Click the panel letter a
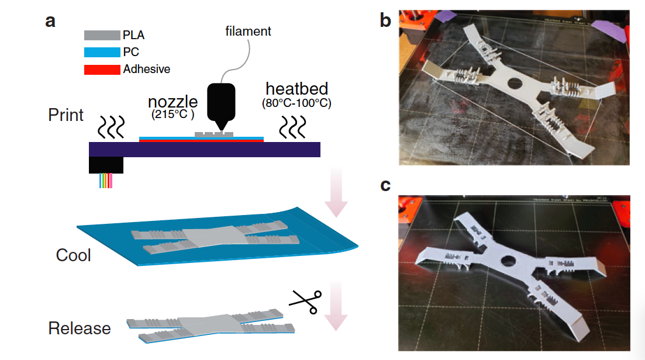click(51, 22)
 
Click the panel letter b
click(385, 22)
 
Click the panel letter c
click(385, 185)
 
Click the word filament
click(248, 32)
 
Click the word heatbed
click(296, 89)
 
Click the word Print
click(66, 115)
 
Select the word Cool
click(73, 255)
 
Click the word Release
click(80, 328)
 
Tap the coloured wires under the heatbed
click(106, 181)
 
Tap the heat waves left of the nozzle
click(111, 124)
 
